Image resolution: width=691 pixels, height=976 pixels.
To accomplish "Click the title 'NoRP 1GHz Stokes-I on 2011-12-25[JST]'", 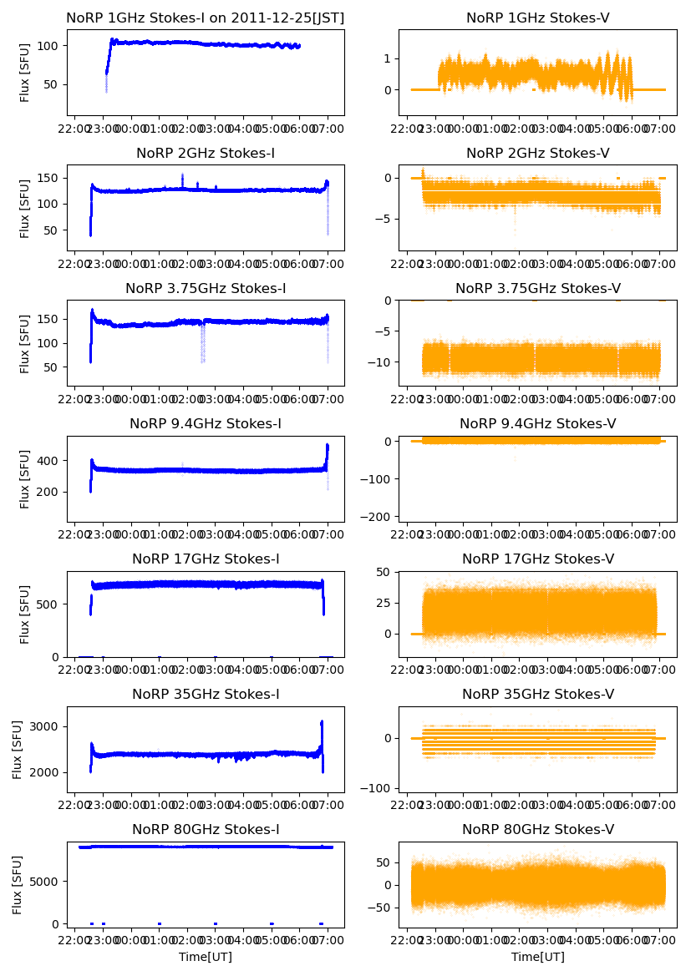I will click(x=206, y=18).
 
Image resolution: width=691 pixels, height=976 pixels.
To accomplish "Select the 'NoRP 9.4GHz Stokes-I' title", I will click(x=206, y=423).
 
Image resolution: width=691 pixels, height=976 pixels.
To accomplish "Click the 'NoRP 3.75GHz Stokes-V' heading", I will click(x=537, y=288).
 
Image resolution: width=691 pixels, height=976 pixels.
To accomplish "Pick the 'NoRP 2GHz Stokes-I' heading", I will click(x=206, y=153).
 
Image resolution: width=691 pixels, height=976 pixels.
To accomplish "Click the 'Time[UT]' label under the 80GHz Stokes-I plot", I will click(x=206, y=956).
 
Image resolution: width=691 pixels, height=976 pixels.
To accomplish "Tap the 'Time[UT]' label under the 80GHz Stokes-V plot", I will click(x=537, y=956).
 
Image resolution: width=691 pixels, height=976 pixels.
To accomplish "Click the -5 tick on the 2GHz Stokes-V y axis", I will click(x=386, y=219).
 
